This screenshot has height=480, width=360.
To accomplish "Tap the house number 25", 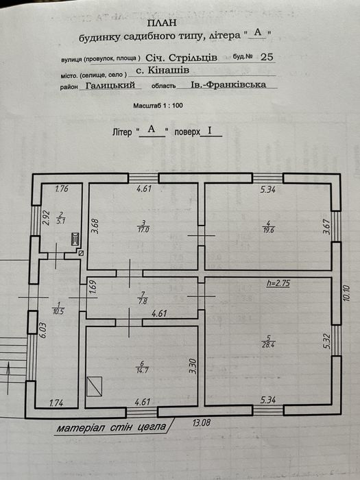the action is pos(266,57).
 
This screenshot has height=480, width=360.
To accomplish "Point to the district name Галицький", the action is pos(110,85).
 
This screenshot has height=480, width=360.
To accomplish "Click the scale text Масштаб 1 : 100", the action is pos(158,106).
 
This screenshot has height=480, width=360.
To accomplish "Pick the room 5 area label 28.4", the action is pos(269,346).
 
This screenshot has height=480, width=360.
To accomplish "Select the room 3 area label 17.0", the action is pos(143,229).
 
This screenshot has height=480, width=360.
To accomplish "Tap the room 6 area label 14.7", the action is pos(142,370).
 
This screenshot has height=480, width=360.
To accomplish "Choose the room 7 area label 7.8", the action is pos(143,301).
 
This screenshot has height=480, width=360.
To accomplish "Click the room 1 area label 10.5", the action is pos(58,312).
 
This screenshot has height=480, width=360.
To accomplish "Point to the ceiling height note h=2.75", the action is pos(278,283).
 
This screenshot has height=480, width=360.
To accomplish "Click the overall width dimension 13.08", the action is pos(202,423).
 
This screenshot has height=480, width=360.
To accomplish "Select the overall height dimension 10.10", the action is pos(346,293).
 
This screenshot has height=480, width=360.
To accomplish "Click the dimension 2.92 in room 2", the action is pos(46,217).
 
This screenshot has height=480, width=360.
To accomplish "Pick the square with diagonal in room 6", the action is pos(95,386).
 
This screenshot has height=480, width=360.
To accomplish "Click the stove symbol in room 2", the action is pos(75,239).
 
